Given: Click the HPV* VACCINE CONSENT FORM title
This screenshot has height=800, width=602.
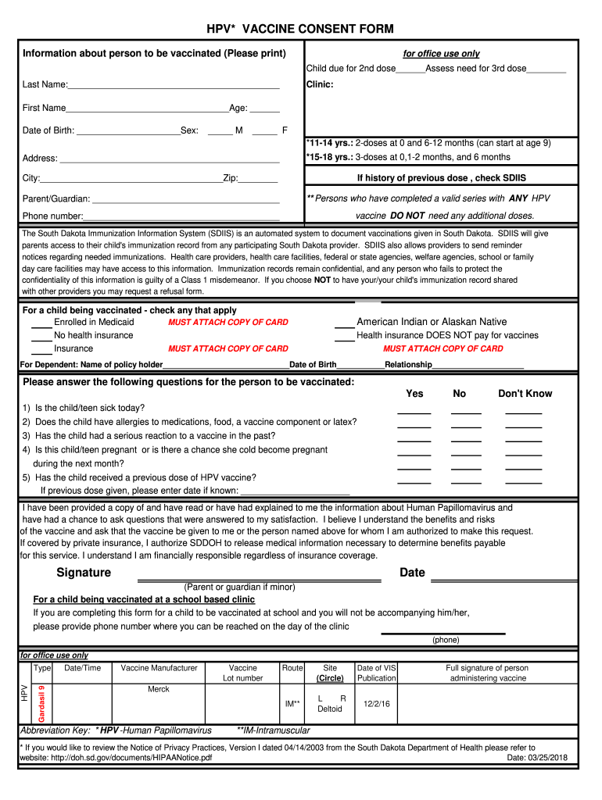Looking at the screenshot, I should tap(299, 30).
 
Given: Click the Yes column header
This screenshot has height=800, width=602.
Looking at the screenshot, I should tap(414, 394).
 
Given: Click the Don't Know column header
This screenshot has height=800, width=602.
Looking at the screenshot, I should tap(525, 394).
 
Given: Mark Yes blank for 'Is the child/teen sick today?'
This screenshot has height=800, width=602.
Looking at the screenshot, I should tap(414, 412).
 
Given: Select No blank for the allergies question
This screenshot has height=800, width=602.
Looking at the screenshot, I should tap(466, 426).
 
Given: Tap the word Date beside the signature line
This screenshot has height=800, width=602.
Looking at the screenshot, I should tap(412, 573).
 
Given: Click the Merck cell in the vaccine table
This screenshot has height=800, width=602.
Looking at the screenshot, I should tap(159, 689).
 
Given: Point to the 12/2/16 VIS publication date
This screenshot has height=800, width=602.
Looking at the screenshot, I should tap(376, 703).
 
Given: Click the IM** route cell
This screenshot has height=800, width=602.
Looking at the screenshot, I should tap(292, 703).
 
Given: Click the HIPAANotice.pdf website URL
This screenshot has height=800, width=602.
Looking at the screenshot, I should tap(116, 758).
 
